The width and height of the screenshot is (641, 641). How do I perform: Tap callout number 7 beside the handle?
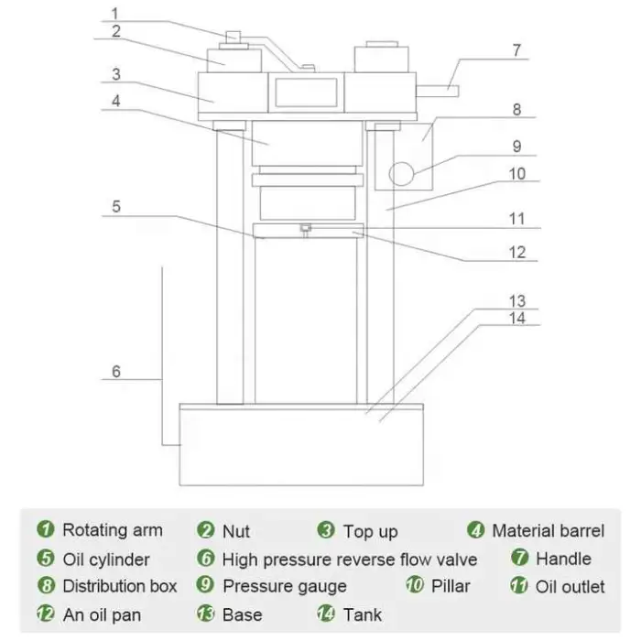[x=516, y=50]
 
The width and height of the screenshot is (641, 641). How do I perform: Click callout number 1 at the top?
[x=115, y=14]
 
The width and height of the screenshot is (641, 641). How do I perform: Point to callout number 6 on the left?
[x=115, y=371]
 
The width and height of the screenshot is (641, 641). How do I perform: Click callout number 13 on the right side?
[x=516, y=301]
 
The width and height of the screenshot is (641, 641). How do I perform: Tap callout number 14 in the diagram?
[x=516, y=318]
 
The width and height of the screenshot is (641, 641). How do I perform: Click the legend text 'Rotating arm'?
[x=112, y=530]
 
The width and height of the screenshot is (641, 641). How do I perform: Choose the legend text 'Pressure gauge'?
[x=284, y=586]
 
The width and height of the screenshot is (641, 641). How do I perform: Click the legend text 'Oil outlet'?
[x=570, y=586]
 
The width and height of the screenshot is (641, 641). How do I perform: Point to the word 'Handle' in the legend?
[x=563, y=559]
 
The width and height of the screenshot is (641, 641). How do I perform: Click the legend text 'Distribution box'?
[x=119, y=586]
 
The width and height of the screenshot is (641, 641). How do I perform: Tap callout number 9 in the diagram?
[x=516, y=145]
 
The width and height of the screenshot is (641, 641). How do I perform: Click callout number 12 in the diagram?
[x=516, y=253]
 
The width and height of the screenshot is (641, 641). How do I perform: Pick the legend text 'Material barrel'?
[x=548, y=530]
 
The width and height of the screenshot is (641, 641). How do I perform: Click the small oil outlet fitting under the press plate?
[x=305, y=228]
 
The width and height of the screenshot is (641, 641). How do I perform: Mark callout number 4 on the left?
[x=115, y=100]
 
